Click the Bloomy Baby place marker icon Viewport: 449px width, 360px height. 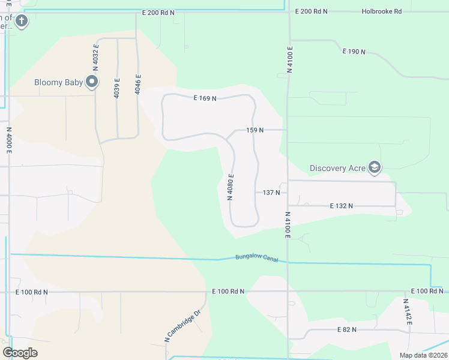click(x=92, y=82)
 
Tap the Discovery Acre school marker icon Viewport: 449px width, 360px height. click(x=375, y=167)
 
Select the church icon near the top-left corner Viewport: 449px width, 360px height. click(x=21, y=22)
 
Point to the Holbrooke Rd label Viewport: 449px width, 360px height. click(x=381, y=11)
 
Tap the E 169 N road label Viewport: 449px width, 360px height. click(x=205, y=98)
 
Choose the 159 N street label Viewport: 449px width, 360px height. click(x=255, y=130)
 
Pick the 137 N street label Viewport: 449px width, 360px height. click(x=271, y=193)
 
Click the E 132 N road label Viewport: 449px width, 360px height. click(x=341, y=206)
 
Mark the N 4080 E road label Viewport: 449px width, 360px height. click(x=230, y=187)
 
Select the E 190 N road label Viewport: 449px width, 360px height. click(x=354, y=52)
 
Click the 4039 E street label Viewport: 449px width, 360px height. click(x=117, y=88)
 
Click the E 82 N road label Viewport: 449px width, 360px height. click(x=347, y=329)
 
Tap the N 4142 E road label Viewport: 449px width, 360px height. click(x=408, y=312)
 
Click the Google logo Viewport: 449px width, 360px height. click(x=20, y=353)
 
